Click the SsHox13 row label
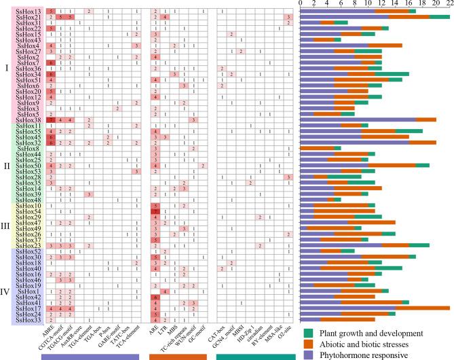pyautogui.click(x=29, y=12)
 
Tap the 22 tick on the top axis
pyautogui.click(x=449, y=3)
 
